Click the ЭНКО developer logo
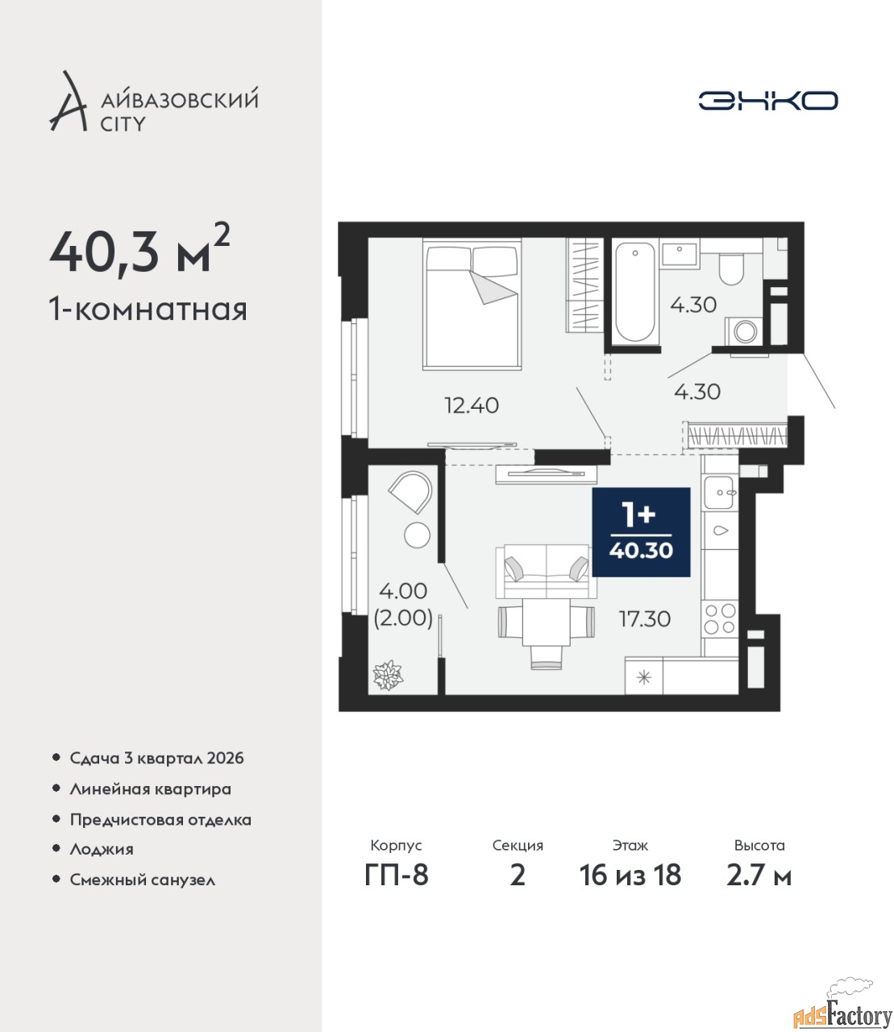click(x=767, y=100)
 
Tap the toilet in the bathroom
click(x=731, y=268)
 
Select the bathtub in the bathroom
click(x=634, y=292)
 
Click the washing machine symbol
click(x=745, y=331)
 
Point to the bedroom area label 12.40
click(x=472, y=406)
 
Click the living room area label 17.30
click(x=644, y=619)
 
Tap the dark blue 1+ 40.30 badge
click(x=641, y=532)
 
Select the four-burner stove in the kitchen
click(x=720, y=618)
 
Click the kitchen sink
click(x=719, y=493)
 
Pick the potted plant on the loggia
click(x=388, y=675)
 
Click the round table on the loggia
click(x=417, y=535)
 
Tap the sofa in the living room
click(x=546, y=571)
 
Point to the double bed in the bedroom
click(x=472, y=304)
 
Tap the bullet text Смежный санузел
click(x=143, y=880)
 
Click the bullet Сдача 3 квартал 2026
click(x=156, y=758)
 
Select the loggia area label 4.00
click(x=403, y=591)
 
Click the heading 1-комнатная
click(x=148, y=310)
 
